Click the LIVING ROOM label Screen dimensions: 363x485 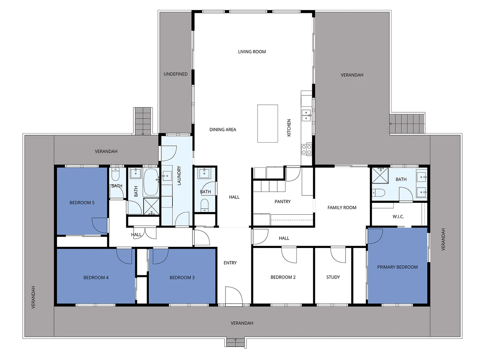coord(252,52)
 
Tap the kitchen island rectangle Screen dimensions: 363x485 coord(268,123)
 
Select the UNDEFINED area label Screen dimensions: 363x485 coord(175,74)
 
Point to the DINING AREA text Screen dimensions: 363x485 coord(223,129)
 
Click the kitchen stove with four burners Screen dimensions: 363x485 coord(306,149)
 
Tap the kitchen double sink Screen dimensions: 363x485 coord(306,115)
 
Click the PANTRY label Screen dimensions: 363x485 coord(282,202)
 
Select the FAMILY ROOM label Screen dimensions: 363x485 coord(342,208)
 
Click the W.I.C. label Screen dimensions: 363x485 coord(398,217)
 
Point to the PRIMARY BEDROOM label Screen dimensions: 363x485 coord(397,267)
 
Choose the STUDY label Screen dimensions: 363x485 coord(333,277)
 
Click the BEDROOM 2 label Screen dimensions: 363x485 coord(283,277)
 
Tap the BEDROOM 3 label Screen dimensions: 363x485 coord(182,278)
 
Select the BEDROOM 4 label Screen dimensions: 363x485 coord(96,278)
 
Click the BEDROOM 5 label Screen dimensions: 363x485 coord(82,203)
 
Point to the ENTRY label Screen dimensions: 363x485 coord(230,263)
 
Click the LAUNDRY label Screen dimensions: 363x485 coord(179,175)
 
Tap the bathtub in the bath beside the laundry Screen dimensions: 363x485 coord(151,182)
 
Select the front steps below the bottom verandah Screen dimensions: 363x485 coord(235,342)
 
